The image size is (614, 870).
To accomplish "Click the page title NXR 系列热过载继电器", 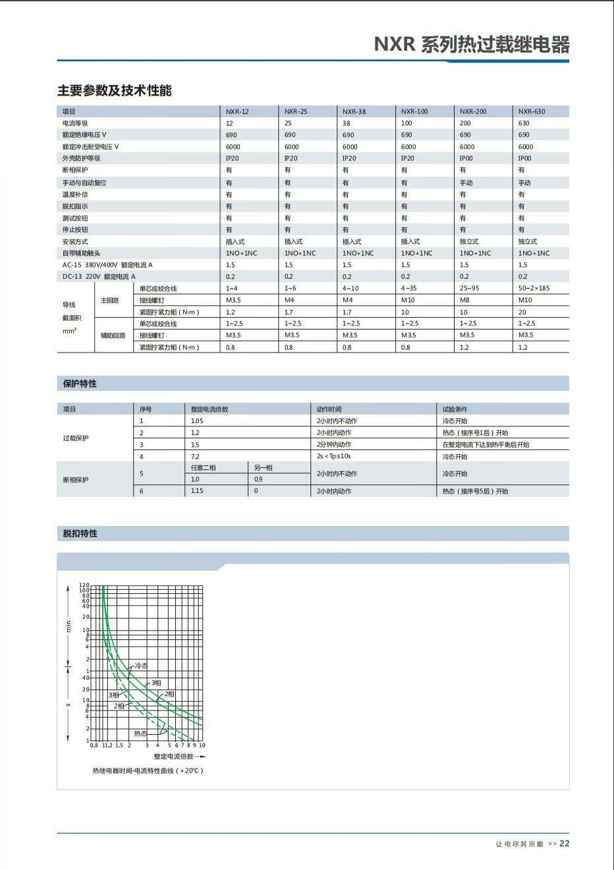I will point(471,45).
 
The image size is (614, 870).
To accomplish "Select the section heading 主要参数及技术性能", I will point(114,90).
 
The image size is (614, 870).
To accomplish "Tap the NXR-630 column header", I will point(532,111).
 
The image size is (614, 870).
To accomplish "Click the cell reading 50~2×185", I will point(534,288).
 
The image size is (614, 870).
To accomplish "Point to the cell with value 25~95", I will point(469,288).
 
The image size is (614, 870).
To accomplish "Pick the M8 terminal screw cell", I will point(464,300).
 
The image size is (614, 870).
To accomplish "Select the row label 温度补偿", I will point(75,194).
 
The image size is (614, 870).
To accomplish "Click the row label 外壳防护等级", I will point(82,158).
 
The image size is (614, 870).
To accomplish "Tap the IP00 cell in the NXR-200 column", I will point(466,158).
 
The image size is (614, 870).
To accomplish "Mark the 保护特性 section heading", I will point(80,384).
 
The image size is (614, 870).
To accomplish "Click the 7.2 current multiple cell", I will point(195,456).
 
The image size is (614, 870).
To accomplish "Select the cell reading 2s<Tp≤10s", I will point(334,456).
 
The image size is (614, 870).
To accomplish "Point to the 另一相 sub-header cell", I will point(264,467).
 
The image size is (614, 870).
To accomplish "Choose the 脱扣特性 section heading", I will point(80,533).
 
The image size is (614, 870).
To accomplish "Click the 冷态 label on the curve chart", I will point(141,666).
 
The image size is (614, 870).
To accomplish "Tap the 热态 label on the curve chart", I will point(140,733).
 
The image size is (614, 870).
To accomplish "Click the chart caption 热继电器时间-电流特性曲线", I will point(148,770).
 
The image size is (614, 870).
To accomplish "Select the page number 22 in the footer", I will point(565,843).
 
